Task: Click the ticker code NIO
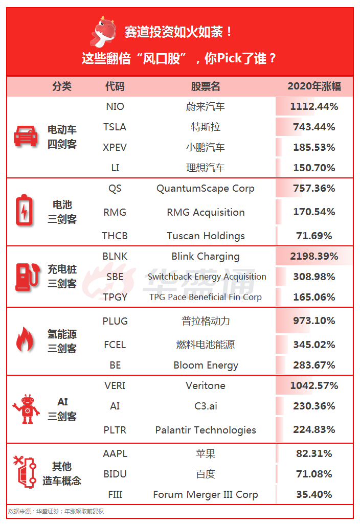point(115,107)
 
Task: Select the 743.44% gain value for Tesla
point(314,127)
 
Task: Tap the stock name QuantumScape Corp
point(205,188)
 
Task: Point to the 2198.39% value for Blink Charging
point(314,256)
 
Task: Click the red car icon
point(26,136)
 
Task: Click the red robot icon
point(26,409)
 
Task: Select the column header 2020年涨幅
point(314,86)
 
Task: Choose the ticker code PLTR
point(115,430)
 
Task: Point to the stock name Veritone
point(205,385)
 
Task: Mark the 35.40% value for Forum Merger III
point(314,494)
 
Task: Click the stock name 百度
point(205,474)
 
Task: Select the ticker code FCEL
point(115,345)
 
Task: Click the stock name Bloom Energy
point(206,365)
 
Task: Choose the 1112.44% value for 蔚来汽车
point(314,106)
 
